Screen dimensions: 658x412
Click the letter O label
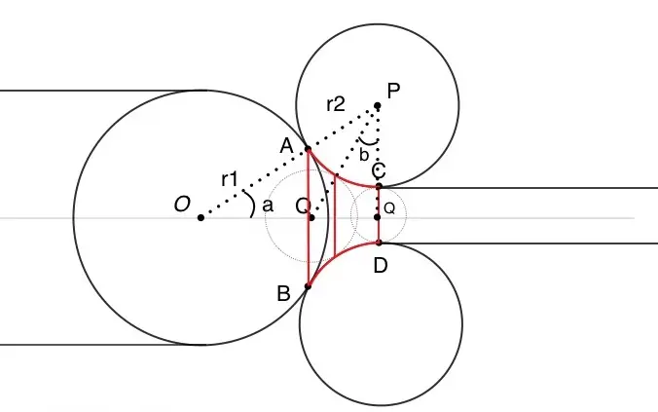(x=182, y=205)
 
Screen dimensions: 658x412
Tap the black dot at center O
(x=201, y=217)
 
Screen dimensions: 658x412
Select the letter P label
(x=393, y=91)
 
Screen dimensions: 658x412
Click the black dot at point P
(x=378, y=105)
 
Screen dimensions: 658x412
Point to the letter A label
(x=286, y=146)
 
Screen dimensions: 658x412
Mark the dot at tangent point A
(x=308, y=149)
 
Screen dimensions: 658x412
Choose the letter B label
(x=283, y=293)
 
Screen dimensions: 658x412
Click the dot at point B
(x=308, y=286)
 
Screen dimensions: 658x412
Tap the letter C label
(x=379, y=171)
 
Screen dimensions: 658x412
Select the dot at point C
(x=379, y=186)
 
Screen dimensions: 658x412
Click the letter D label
(x=381, y=266)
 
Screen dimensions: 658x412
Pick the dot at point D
(x=379, y=243)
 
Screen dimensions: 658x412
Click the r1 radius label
(x=230, y=180)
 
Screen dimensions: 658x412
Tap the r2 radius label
(x=336, y=104)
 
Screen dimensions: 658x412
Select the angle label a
(x=268, y=206)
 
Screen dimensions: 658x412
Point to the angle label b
(x=364, y=155)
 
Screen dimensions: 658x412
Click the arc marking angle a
(x=253, y=205)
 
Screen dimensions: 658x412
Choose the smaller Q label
(x=389, y=208)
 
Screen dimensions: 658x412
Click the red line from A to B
(x=308, y=217)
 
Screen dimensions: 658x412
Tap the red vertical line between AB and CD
(x=335, y=217)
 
